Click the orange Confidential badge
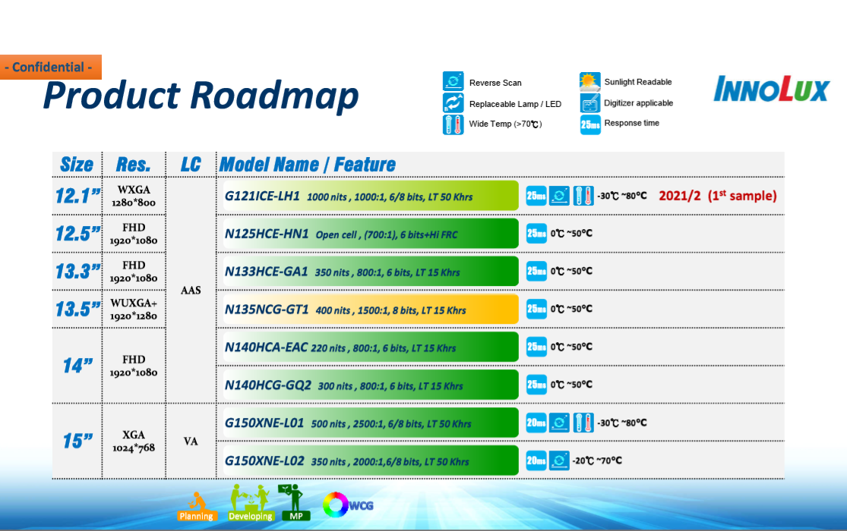coord(51,67)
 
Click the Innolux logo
coord(771,89)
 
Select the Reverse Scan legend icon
coord(454,81)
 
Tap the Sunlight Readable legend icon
coord(590,81)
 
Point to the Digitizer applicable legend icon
coord(590,102)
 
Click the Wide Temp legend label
coord(505,124)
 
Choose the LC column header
coord(191,165)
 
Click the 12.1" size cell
coord(77,196)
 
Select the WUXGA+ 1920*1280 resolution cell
coord(134,309)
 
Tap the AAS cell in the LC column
coord(191,291)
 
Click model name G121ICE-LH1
coord(262,196)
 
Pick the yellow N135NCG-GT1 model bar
coord(371,309)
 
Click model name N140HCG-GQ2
coord(268,385)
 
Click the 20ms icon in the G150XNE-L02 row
coord(536,460)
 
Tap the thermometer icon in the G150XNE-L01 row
coord(583,423)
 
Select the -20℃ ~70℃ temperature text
coord(597,461)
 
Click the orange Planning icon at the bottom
coord(197,507)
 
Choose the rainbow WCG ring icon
coord(336,505)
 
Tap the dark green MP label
coord(296,516)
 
